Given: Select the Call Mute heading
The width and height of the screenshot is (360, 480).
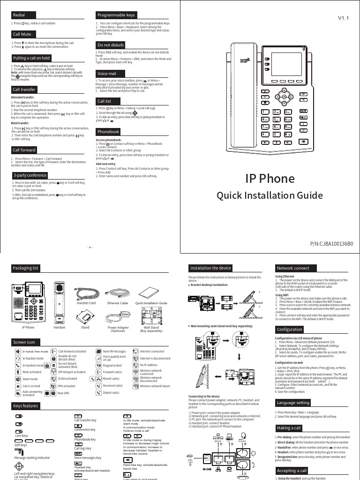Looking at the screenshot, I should click(x=22, y=34).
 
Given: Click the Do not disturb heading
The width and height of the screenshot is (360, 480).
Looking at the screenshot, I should click(x=111, y=45).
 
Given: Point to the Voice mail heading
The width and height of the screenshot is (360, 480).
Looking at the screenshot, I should click(x=106, y=74).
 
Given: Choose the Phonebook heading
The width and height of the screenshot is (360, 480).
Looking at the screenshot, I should click(x=108, y=132).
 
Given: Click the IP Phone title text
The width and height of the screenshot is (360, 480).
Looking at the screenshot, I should click(x=270, y=178).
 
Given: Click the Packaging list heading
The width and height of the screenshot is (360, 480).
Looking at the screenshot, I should click(x=26, y=268).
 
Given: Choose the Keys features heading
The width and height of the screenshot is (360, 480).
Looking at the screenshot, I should click(x=26, y=406).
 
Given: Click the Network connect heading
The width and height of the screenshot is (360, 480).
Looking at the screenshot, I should click(x=293, y=268).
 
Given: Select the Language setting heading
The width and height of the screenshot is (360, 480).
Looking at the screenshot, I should click(x=293, y=403).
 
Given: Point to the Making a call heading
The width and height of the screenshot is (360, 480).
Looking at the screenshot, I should click(x=289, y=428).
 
